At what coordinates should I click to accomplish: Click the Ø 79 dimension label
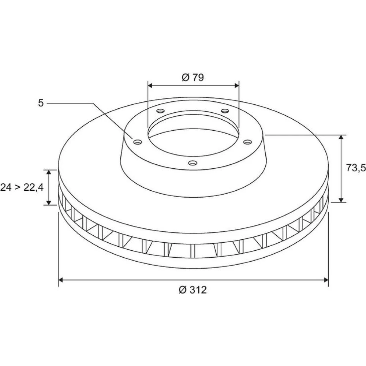tap(193, 77)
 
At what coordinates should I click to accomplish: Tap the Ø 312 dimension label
tap(193, 290)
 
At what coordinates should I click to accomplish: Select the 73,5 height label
tap(356, 168)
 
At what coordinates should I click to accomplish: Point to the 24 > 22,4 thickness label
tap(22, 187)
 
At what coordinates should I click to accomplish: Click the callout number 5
tap(41, 103)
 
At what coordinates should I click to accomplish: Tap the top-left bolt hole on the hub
tap(161, 111)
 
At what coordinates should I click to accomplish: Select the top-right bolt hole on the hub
tap(225, 111)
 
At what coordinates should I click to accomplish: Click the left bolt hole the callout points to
tap(138, 142)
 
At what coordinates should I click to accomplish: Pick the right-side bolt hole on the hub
tap(248, 142)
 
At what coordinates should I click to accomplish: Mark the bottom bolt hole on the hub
tap(193, 163)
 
